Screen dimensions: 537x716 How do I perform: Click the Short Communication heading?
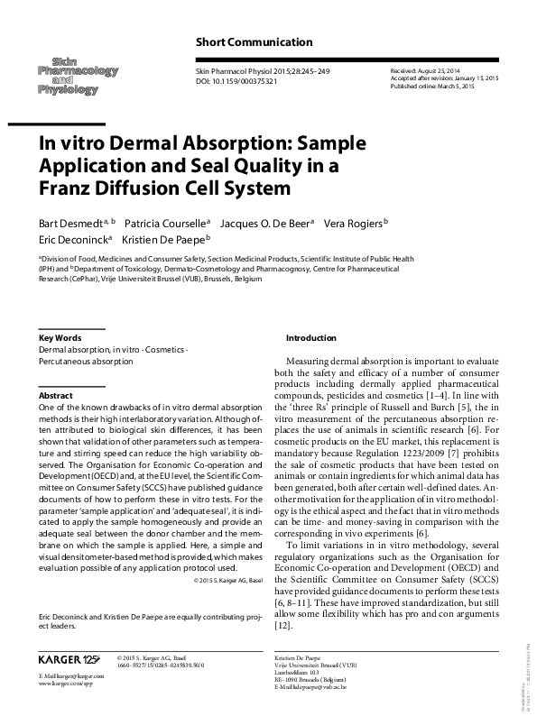coord(254,41)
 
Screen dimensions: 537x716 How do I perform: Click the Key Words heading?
coord(60,337)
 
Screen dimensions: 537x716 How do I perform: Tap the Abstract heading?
coord(55,396)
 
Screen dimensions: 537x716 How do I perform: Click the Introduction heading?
coord(310,337)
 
